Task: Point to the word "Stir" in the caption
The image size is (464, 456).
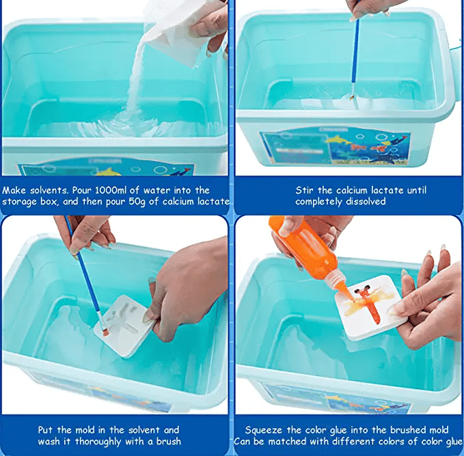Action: (x=305, y=190)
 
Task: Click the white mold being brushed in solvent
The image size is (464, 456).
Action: (x=127, y=324)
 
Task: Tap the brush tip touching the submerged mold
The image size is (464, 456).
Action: (x=106, y=332)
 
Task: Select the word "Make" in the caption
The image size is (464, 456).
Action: (x=15, y=190)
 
